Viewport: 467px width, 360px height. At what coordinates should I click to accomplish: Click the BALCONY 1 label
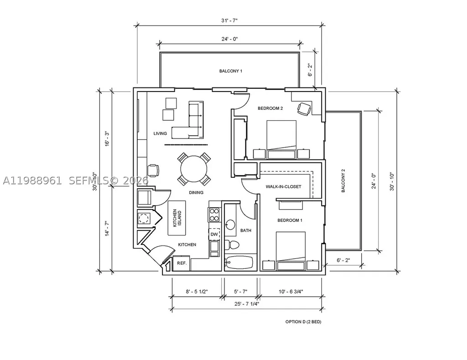230,71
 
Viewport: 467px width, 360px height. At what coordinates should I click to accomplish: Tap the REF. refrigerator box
182,263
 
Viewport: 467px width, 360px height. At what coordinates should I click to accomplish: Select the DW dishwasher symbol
214,234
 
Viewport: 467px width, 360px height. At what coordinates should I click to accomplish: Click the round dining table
194,169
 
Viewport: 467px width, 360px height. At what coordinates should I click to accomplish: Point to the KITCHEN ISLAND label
177,218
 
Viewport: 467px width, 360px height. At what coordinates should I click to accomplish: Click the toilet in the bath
231,245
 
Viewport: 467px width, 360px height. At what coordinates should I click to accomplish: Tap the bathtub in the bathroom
239,262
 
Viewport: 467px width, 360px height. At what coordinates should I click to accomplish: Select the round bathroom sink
230,224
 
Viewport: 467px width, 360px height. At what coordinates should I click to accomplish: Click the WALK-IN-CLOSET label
283,186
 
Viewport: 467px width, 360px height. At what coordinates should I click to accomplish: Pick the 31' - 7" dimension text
229,20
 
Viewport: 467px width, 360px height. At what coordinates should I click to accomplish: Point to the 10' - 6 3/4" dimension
291,292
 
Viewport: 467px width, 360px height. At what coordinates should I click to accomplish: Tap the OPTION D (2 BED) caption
303,322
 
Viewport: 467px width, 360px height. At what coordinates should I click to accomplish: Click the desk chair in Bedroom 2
304,109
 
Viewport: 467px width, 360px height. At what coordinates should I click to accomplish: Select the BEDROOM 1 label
290,220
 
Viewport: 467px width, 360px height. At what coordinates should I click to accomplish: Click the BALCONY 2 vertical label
343,180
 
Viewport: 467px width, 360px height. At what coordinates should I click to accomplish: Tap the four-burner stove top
214,215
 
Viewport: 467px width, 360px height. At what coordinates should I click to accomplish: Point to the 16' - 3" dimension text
107,139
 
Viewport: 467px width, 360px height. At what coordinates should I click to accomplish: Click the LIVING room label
160,133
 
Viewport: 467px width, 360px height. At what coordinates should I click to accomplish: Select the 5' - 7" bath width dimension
241,292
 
